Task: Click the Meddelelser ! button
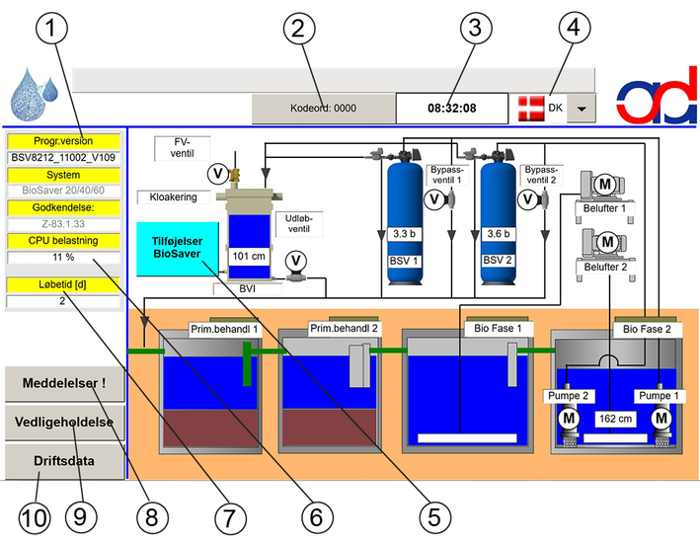(x=64, y=384)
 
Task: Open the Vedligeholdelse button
(x=64, y=423)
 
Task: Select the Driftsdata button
(x=64, y=461)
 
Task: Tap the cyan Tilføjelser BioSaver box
(x=178, y=249)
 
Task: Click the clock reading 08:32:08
(x=452, y=108)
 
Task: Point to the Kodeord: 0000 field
(x=323, y=108)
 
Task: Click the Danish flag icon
(x=531, y=108)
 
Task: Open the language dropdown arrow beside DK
(x=582, y=108)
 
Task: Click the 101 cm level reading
(x=249, y=256)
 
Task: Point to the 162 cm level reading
(x=615, y=419)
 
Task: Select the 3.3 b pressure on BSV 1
(x=404, y=234)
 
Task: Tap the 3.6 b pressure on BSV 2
(x=499, y=234)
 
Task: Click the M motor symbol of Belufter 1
(x=605, y=184)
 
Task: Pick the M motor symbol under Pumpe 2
(x=569, y=419)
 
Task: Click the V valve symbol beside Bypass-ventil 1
(x=434, y=199)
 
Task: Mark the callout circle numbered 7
(x=230, y=518)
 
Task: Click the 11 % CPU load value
(x=63, y=258)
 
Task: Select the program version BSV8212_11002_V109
(x=63, y=158)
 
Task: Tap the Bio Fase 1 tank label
(x=498, y=329)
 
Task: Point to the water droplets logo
(x=34, y=94)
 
